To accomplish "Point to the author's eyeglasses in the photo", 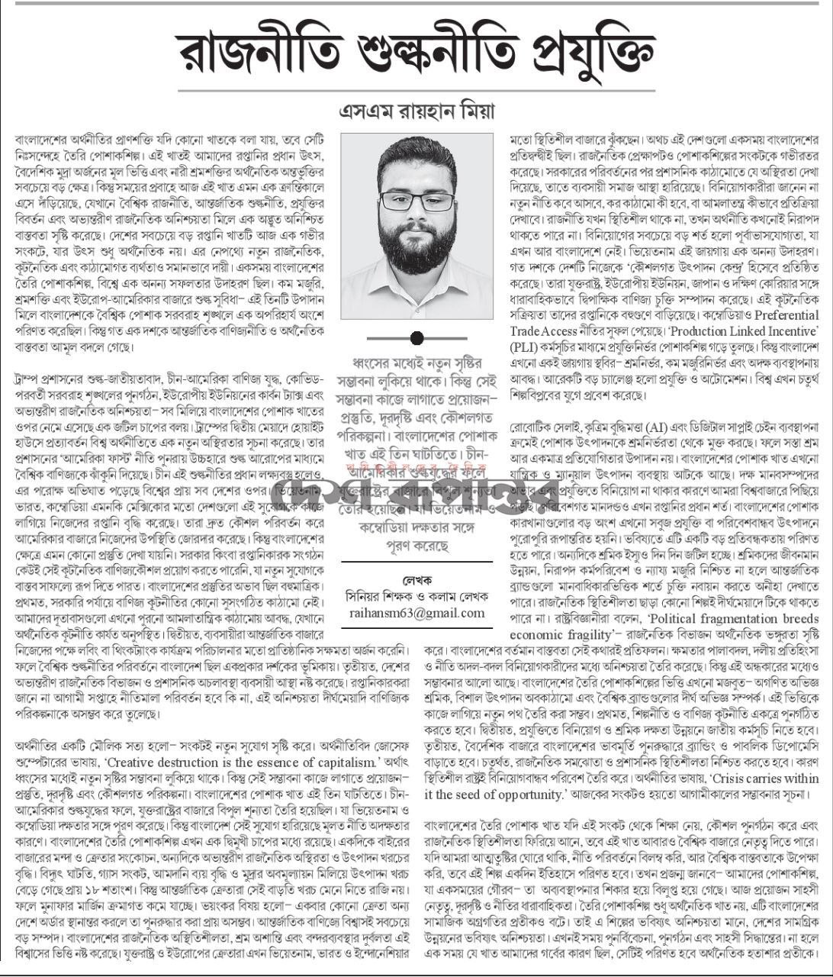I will click(416, 201).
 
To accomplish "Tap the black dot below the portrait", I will click(416, 338).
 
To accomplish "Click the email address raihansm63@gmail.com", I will click(416, 613).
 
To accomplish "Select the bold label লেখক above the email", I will click(416, 580).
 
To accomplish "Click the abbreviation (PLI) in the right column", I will click(524, 347).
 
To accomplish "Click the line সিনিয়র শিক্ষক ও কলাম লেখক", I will click(416, 597).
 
